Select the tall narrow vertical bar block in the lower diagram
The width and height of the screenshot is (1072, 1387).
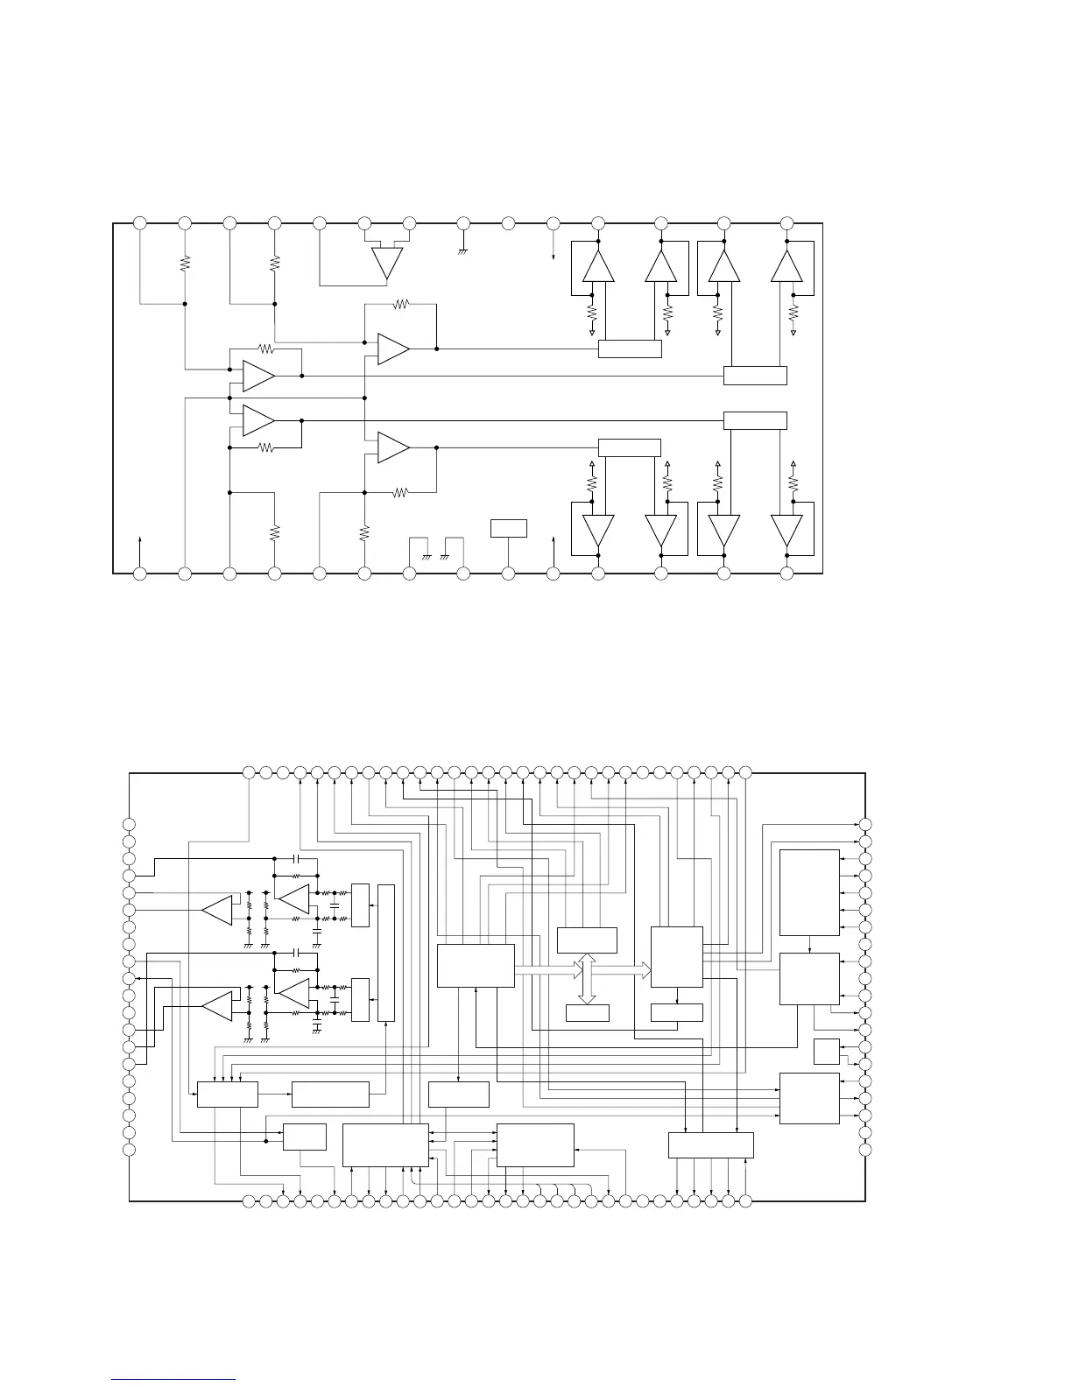click(385, 953)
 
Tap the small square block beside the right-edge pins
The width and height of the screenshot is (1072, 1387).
click(826, 1051)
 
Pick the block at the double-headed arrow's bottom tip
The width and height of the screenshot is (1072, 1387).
click(587, 1012)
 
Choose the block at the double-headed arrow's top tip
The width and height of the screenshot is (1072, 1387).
click(587, 940)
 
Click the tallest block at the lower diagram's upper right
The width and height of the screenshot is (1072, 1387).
click(809, 892)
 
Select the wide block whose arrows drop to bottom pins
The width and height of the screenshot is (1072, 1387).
click(710, 1145)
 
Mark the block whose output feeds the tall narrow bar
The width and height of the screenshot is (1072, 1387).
click(330, 1095)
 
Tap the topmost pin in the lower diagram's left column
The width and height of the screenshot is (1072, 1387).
click(130, 824)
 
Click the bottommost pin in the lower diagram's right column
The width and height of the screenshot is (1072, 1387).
click(865, 1149)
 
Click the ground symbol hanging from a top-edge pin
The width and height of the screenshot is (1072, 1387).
click(463, 251)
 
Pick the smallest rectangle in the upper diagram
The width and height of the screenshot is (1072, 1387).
click(508, 528)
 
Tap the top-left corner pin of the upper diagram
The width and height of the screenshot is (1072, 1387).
click(139, 223)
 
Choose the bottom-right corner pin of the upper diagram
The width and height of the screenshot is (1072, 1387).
click(786, 574)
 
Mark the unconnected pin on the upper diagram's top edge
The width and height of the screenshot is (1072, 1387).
click(508, 223)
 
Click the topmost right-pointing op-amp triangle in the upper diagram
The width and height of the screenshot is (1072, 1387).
click(393, 349)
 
